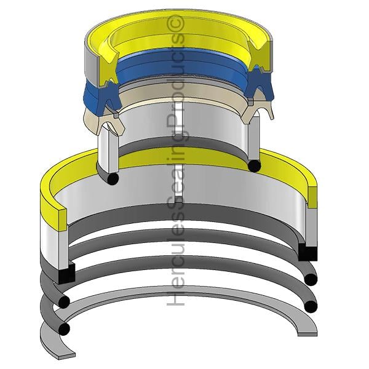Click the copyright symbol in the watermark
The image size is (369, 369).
pyautogui.click(x=176, y=23)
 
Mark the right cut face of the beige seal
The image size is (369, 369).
pyautogui.click(x=257, y=109)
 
